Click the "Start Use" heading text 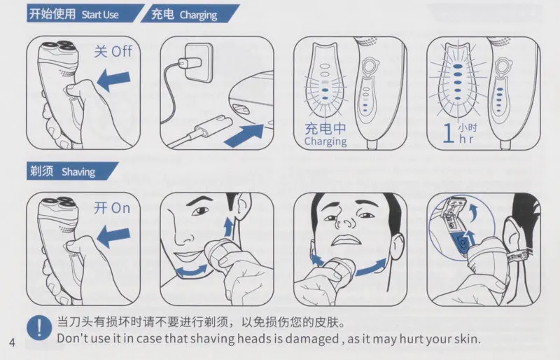(99, 15)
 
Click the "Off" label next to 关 (121, 52)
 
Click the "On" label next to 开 (120, 208)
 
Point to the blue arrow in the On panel (113, 237)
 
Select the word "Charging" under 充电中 (325, 141)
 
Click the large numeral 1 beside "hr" (448, 133)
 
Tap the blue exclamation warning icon (39, 328)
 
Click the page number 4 (12, 342)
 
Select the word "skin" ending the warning (466, 338)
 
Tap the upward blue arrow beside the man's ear (228, 228)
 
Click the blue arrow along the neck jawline (372, 267)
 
